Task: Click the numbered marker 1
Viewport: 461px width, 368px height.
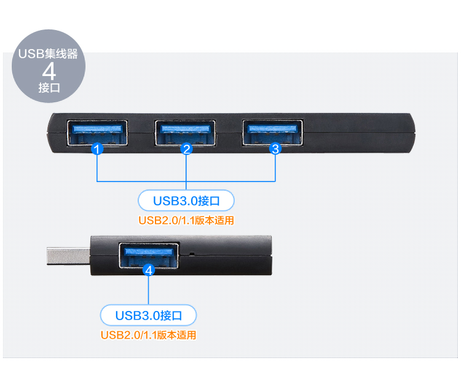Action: [x=97, y=148]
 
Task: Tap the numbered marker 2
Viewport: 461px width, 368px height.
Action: [x=186, y=148]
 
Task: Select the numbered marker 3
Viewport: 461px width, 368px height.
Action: [x=275, y=148]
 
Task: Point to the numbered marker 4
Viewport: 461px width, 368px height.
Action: [x=148, y=270]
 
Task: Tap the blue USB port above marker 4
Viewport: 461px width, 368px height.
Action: [x=148, y=253]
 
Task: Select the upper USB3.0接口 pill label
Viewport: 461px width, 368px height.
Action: [x=186, y=201]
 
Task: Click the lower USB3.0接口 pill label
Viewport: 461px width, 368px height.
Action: [x=148, y=316]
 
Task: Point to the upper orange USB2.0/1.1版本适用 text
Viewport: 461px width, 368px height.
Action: [x=186, y=220]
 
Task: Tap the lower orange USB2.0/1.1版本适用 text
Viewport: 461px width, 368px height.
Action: [x=148, y=335]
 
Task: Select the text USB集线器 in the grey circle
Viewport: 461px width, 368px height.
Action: [x=49, y=54]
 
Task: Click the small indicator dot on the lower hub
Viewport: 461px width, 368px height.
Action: [x=192, y=253]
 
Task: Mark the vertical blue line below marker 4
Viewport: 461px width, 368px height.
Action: [x=148, y=290]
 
